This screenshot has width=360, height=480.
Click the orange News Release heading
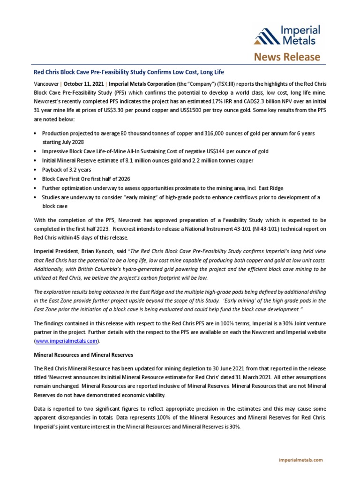pos(287,57)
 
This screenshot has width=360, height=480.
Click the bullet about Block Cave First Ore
pos(86,179)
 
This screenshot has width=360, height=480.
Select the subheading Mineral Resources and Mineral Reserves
pos(85,355)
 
